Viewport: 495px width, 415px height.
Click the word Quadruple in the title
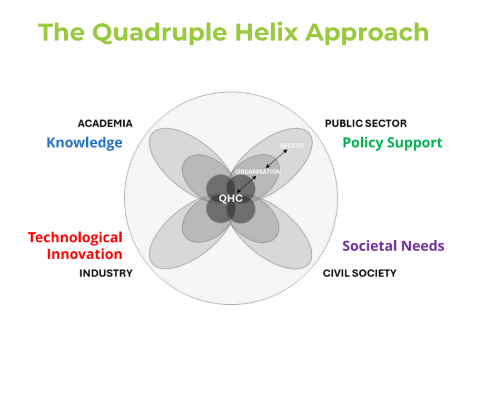[x=160, y=33]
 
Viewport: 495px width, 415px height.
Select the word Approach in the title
[x=367, y=33]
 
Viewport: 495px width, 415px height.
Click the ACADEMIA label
[x=105, y=123]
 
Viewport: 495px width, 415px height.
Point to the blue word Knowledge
[x=84, y=143]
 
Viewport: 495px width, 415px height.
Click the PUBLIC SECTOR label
[x=366, y=123]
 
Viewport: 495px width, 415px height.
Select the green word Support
[x=415, y=143]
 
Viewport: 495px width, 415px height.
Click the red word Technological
[x=75, y=238]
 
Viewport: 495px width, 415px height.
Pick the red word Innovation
[x=85, y=254]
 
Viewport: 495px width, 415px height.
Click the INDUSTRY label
[x=106, y=273]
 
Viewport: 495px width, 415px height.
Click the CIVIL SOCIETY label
[x=360, y=273]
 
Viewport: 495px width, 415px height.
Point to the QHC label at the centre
[x=231, y=199]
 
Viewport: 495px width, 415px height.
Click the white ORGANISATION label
[x=258, y=172]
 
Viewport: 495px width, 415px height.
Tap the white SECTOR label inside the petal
[x=292, y=145]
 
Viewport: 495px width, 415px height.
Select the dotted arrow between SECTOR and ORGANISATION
[x=276, y=159]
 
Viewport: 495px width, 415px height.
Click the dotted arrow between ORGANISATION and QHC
[x=246, y=184]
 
